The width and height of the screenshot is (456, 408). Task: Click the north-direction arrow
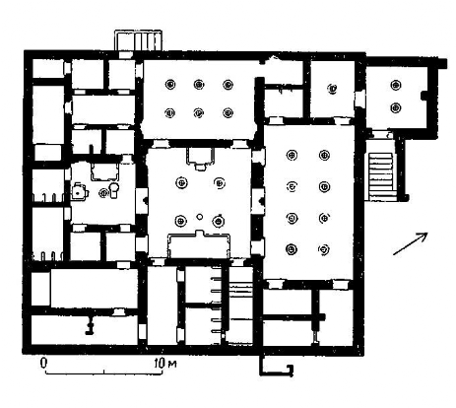(x=411, y=243)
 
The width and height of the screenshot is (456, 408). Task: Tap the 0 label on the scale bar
(x=43, y=363)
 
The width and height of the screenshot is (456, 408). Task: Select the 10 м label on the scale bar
(x=165, y=363)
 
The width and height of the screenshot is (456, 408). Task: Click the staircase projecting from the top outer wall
(x=138, y=40)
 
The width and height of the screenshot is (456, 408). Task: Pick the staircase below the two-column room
(x=381, y=175)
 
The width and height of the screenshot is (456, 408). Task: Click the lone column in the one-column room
(x=333, y=89)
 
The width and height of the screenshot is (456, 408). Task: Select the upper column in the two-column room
(x=396, y=85)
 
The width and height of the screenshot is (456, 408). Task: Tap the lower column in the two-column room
(x=396, y=107)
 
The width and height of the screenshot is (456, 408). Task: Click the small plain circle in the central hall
(x=199, y=217)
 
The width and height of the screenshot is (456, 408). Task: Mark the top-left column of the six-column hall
(x=170, y=85)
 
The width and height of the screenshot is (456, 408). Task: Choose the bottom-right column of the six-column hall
(x=228, y=113)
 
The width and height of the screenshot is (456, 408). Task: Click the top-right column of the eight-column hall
(x=324, y=155)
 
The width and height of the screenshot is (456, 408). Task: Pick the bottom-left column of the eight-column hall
(x=292, y=249)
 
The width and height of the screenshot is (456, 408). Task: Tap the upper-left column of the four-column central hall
(x=181, y=182)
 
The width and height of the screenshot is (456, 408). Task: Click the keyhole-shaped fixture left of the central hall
(x=114, y=190)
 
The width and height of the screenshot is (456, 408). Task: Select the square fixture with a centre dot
(x=79, y=192)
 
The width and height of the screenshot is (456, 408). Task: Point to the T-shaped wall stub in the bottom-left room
(x=89, y=324)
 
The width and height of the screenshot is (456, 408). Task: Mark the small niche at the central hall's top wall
(x=200, y=159)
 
